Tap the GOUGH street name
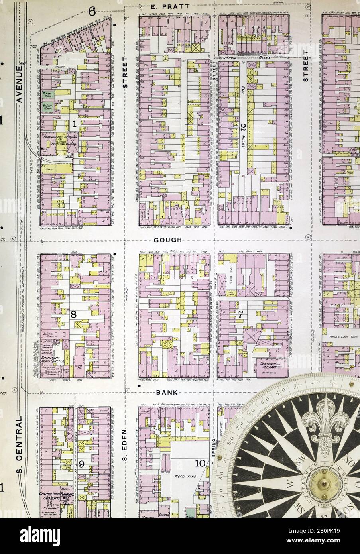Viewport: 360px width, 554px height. coord(168,240)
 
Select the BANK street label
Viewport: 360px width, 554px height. coord(167,392)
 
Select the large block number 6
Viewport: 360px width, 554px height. coord(92,11)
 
